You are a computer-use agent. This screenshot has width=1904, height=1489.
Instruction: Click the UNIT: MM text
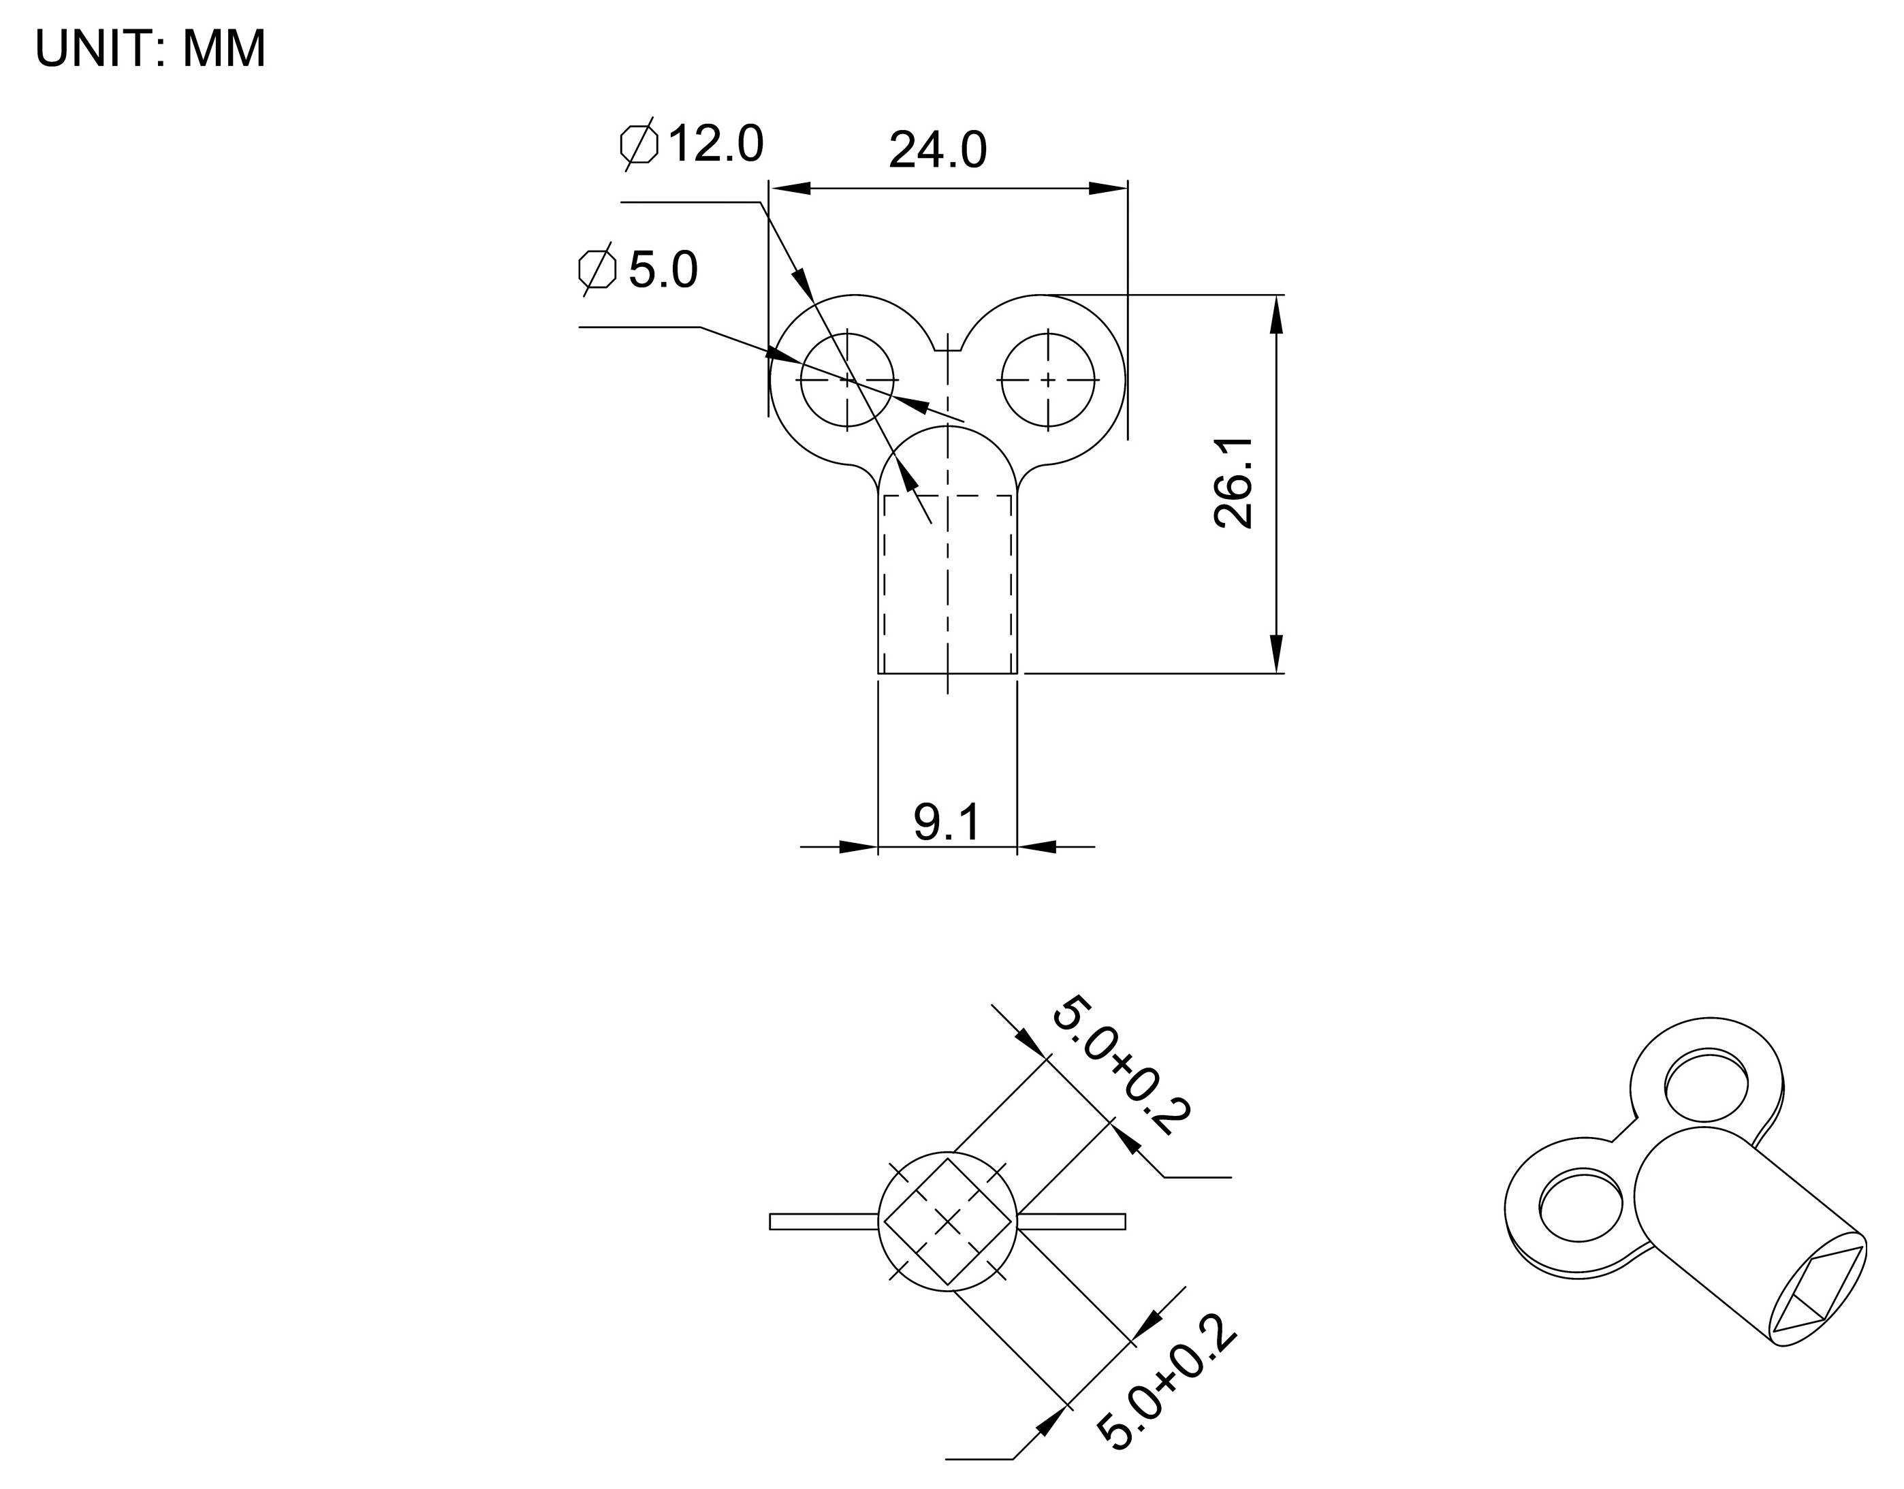(150, 49)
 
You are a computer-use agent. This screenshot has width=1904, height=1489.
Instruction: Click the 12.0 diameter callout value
(715, 144)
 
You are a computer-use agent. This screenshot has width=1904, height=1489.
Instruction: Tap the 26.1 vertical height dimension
(1234, 482)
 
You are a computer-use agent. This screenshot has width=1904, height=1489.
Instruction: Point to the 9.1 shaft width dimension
(947, 822)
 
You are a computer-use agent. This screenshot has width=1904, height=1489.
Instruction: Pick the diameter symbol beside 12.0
(639, 144)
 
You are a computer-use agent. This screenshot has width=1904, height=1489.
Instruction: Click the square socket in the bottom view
(948, 1221)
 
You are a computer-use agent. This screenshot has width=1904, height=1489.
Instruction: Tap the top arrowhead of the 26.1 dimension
(1276, 314)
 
